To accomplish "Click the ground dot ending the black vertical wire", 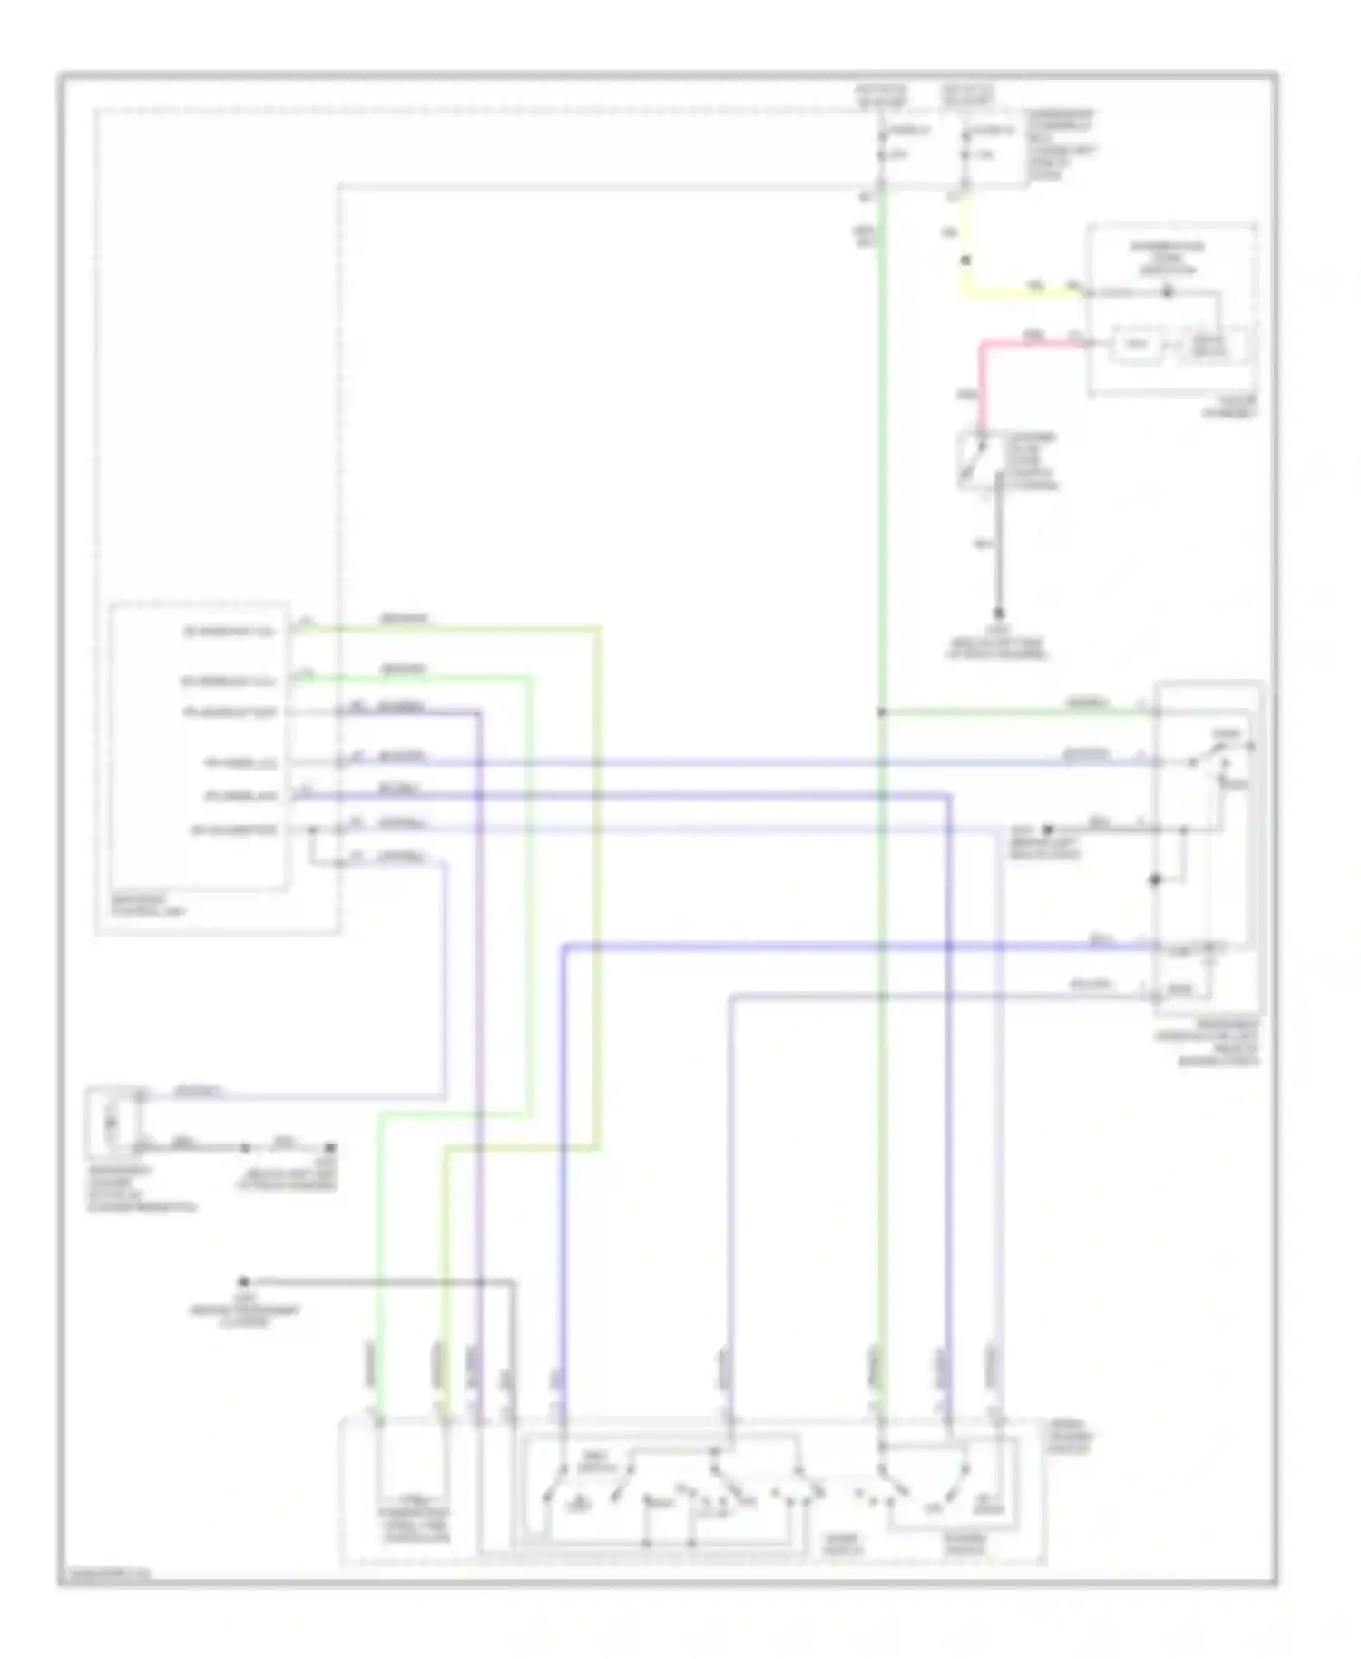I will click(999, 614).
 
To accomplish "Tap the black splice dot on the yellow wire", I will click(966, 260).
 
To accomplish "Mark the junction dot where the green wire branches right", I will click(881, 712).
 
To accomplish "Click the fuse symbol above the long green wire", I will click(881, 154).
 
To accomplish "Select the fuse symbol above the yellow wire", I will click(966, 154).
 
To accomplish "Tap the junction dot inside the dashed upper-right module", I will click(1168, 292).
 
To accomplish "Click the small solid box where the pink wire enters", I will click(1138, 344).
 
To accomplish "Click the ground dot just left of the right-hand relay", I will click(1046, 829).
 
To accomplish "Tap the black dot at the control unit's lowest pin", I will click(311, 829).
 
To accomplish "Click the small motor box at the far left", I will click(112, 1123).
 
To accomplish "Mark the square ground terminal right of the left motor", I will click(331, 1148).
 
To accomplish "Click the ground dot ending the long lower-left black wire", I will click(243, 1281).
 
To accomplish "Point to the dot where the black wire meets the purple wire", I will click(479, 1282).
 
